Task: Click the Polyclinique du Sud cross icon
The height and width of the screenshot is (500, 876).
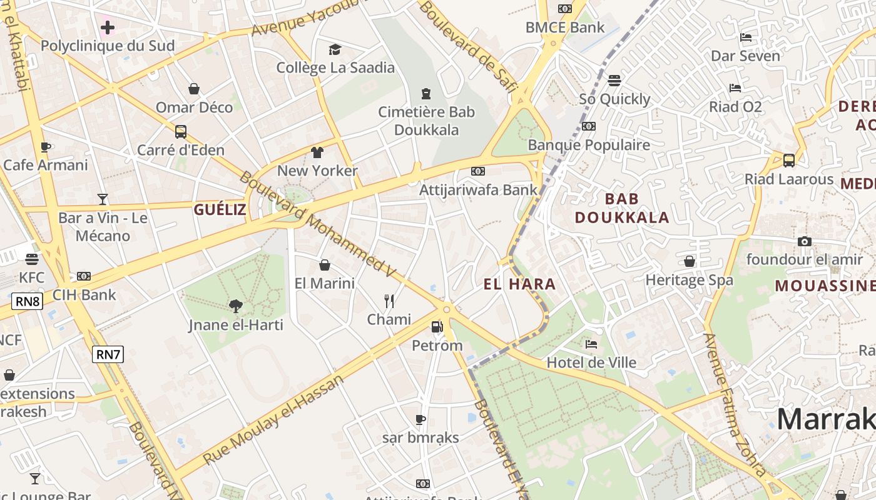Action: [108, 27]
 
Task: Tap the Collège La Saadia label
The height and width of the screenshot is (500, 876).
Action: [335, 67]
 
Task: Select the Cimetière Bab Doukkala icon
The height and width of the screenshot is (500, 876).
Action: [426, 94]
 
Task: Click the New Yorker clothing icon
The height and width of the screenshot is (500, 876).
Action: [317, 152]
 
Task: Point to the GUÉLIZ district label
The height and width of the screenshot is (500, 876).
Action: [220, 209]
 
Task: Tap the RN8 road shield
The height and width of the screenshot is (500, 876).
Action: [28, 302]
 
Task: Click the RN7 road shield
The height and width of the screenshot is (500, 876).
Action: [108, 354]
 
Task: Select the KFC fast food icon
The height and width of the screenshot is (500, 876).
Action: [32, 259]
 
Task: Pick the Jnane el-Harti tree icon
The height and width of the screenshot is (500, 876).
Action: [236, 306]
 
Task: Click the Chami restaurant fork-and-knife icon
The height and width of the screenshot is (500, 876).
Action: [389, 301]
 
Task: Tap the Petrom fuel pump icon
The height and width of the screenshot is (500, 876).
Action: [437, 326]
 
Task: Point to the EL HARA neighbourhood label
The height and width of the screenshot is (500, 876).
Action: [519, 284]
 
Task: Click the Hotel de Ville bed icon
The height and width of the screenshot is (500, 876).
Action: [591, 344]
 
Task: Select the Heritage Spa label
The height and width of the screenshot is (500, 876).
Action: [689, 279]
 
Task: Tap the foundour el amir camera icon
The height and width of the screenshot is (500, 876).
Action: [805, 241]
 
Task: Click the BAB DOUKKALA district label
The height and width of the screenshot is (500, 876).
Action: [622, 208]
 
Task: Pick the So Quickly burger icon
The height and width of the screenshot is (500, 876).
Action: [614, 81]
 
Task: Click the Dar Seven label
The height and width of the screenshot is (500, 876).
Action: [745, 56]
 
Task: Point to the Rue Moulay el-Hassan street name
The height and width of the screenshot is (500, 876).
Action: [273, 419]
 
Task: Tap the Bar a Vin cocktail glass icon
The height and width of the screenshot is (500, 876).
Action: [103, 199]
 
